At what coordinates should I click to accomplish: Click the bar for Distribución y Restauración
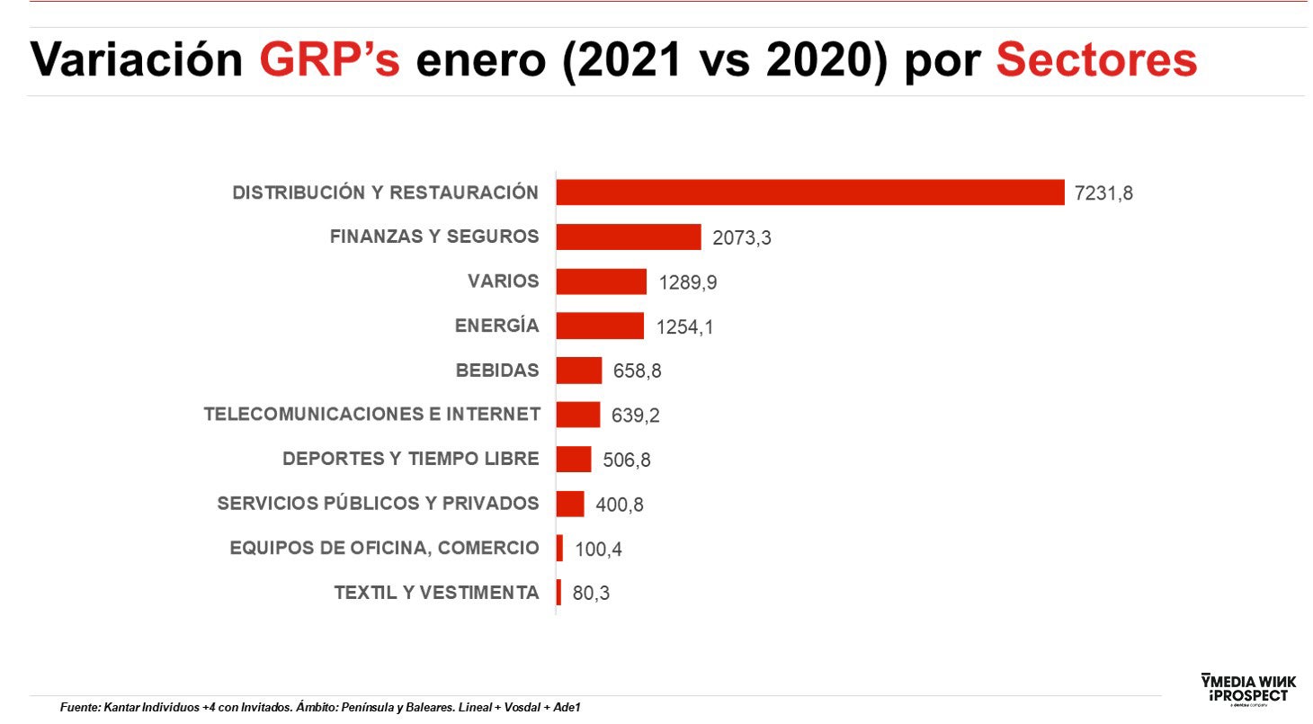(809, 192)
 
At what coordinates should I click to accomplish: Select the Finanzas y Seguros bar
(628, 237)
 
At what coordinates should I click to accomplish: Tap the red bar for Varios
(601, 282)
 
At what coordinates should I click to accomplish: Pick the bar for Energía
(600, 326)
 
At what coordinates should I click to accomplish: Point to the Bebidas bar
(578, 371)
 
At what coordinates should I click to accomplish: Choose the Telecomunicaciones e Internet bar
(577, 415)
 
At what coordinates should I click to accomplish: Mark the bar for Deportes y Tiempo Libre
(573, 460)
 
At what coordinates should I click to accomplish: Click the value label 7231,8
(1103, 193)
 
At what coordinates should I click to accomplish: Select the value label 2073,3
(742, 238)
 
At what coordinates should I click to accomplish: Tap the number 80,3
(591, 594)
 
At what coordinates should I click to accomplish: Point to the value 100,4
(598, 550)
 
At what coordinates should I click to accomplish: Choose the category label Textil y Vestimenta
(436, 593)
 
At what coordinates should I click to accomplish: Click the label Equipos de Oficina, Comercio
(384, 549)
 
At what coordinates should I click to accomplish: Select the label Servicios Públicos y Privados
(378, 504)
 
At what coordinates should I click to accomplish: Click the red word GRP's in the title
(329, 61)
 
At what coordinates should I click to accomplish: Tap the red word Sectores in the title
(1096, 61)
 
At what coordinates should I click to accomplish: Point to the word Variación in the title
(137, 61)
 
